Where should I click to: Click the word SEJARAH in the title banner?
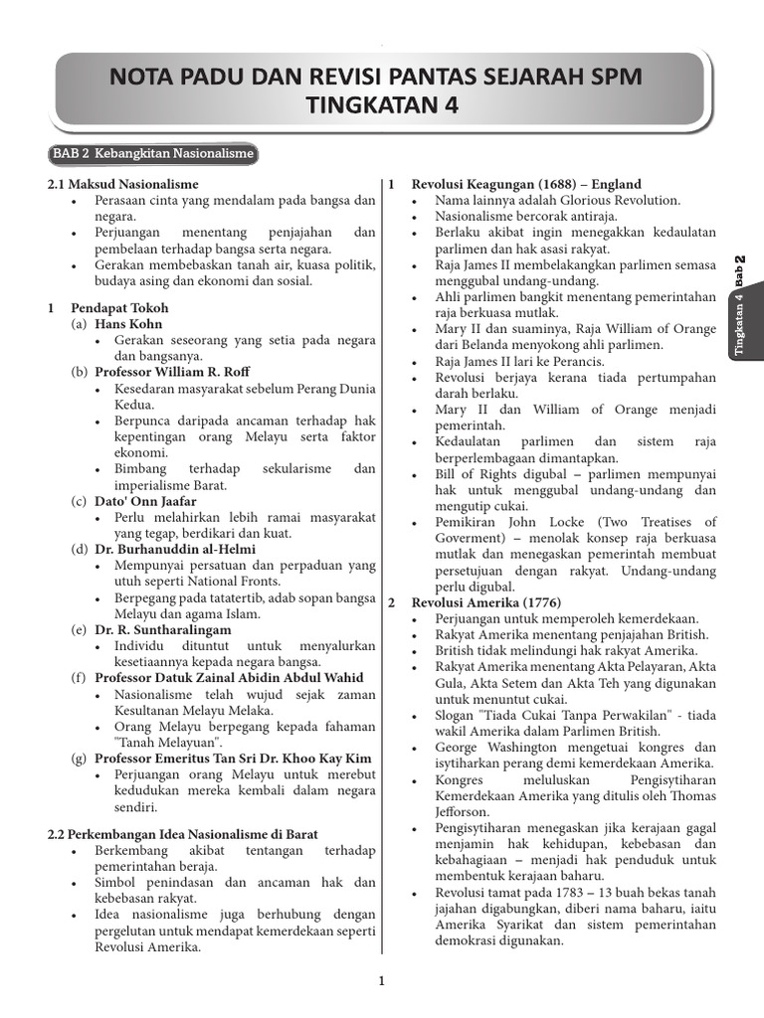(x=504, y=77)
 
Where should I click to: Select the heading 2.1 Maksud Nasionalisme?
(x=123, y=185)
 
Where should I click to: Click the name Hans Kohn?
(x=128, y=324)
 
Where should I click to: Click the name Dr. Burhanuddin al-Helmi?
(x=175, y=549)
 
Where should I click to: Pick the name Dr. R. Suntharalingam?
(x=162, y=629)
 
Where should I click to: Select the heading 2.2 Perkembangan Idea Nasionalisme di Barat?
(x=183, y=834)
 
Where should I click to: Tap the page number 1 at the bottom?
(x=381, y=982)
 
